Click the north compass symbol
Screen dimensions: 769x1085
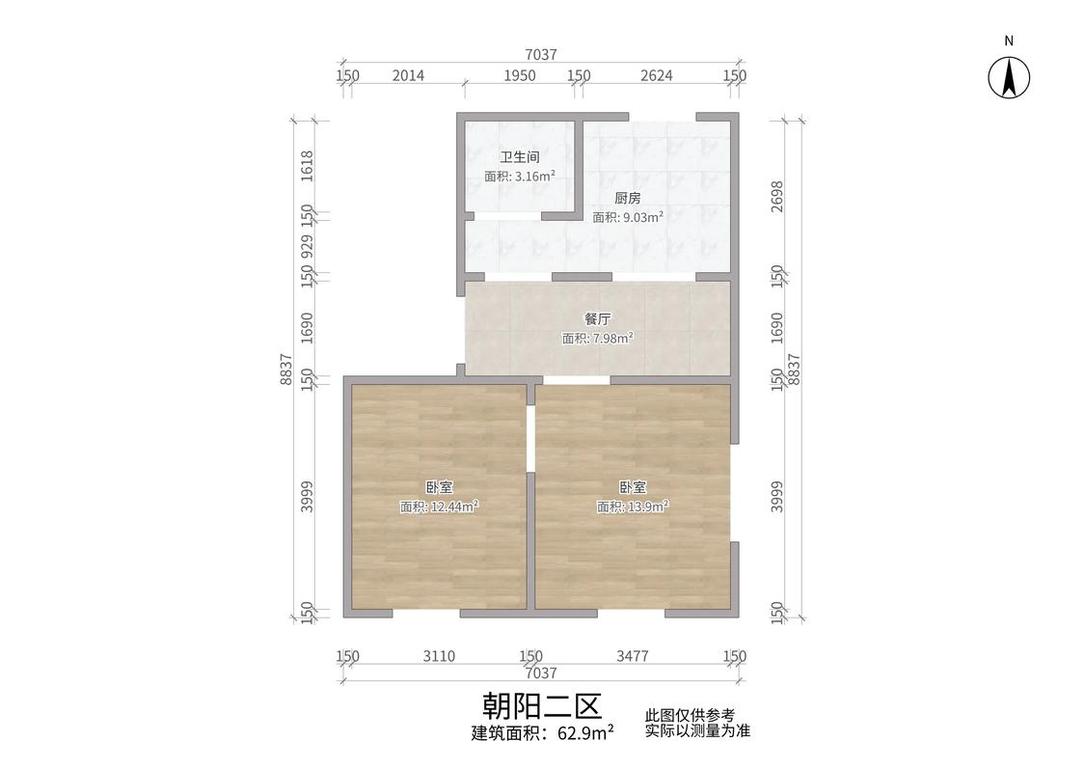coord(1009,75)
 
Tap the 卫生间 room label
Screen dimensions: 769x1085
coord(519,156)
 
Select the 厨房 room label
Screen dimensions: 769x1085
coord(628,198)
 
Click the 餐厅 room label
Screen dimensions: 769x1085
coord(598,318)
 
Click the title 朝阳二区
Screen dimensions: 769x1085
coord(542,706)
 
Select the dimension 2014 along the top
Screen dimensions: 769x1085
coord(409,76)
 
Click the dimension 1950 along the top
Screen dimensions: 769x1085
coord(520,76)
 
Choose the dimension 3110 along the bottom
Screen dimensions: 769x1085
coord(439,656)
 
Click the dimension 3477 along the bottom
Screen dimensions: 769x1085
coord(633,656)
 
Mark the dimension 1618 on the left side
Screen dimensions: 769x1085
coord(307,166)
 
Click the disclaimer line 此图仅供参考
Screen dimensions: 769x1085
coord(691,716)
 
